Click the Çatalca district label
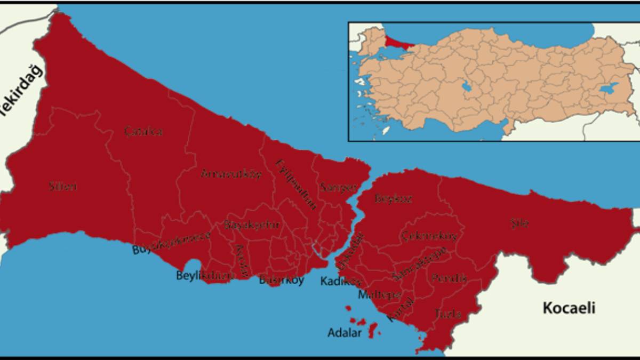pyautogui.click(x=143, y=131)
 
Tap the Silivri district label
pyautogui.click(x=62, y=186)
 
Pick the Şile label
pyautogui.click(x=519, y=224)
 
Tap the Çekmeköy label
pyautogui.click(x=430, y=236)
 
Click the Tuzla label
pyautogui.click(x=448, y=314)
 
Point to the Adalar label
pyautogui.click(x=345, y=333)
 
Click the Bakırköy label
pyautogui.click(x=281, y=279)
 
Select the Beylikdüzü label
pyautogui.click(x=205, y=275)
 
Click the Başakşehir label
pyautogui.click(x=252, y=225)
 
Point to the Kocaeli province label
pyautogui.click(x=569, y=308)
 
